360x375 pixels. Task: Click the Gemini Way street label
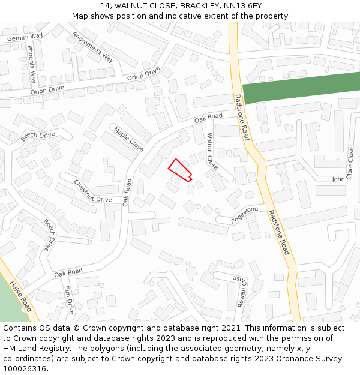pos(25,37)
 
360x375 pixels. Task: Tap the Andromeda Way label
pos(92,47)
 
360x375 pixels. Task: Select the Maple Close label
pos(128,139)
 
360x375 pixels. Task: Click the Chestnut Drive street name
pos(93,191)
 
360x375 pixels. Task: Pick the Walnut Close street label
pos(212,151)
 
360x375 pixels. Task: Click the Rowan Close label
pos(240,291)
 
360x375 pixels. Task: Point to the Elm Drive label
pos(68,299)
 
